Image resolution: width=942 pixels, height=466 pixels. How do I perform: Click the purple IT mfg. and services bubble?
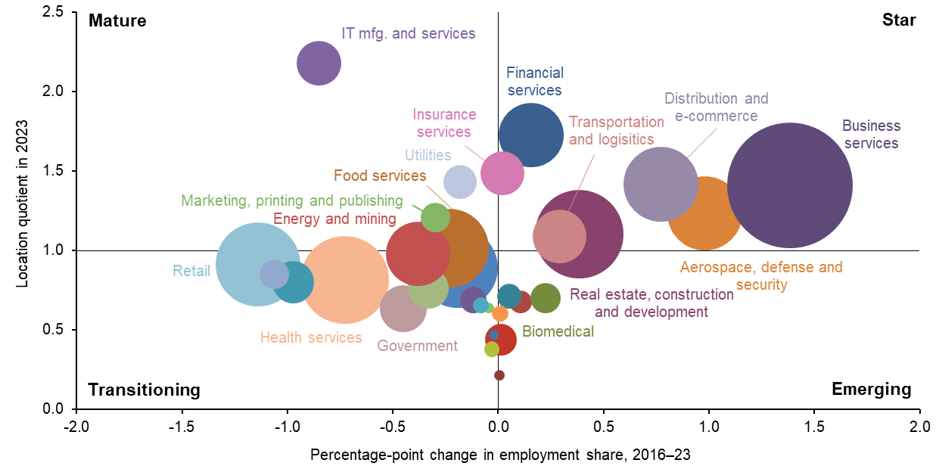(319, 64)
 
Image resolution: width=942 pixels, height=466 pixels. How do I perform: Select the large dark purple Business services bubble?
(790, 185)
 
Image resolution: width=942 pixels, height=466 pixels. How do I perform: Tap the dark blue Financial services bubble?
(531, 135)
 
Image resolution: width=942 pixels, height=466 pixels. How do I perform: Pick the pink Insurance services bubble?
(502, 172)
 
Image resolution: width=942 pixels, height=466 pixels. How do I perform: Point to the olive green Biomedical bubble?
(545, 297)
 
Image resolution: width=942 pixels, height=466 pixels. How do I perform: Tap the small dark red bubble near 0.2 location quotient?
(499, 375)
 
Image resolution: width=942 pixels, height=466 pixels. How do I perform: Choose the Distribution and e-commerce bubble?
(661, 185)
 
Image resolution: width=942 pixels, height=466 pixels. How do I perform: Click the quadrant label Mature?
(117, 21)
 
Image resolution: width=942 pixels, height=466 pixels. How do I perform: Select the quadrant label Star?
(899, 21)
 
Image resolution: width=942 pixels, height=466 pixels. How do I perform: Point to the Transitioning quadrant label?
(145, 390)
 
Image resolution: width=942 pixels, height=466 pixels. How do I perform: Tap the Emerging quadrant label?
(871, 390)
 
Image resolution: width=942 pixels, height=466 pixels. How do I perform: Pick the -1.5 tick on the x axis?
(182, 425)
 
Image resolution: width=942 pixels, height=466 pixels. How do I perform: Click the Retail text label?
(191, 271)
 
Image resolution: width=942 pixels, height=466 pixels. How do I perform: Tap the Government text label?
(417, 346)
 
